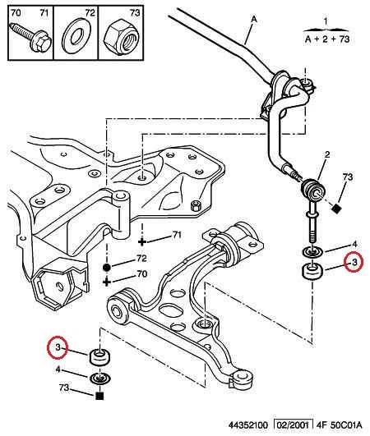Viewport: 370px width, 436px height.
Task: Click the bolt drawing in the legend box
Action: pyautogui.click(x=30, y=38)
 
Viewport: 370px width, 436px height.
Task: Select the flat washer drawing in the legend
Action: pyautogui.click(x=76, y=37)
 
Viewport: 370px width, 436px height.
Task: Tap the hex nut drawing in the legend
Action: pyautogui.click(x=122, y=38)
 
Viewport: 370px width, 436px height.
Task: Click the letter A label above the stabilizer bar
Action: pyautogui.click(x=253, y=19)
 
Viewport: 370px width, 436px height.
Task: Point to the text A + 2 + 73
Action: pyautogui.click(x=327, y=39)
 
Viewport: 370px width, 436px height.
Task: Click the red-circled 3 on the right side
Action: pyautogui.click(x=354, y=262)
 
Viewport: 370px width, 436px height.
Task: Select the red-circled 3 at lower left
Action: pyautogui.click(x=58, y=347)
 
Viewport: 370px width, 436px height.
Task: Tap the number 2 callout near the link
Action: pyautogui.click(x=327, y=154)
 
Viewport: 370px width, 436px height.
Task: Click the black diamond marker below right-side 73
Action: pyautogui.click(x=337, y=209)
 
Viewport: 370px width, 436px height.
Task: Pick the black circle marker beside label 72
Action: pyautogui.click(x=107, y=268)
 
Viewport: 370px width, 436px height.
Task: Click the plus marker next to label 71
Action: pyautogui.click(x=142, y=242)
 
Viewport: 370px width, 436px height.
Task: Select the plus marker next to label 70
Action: pyautogui.click(x=107, y=282)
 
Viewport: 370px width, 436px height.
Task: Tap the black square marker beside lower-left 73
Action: pyautogui.click(x=99, y=396)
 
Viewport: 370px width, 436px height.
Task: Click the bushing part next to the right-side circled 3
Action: pyautogui.click(x=312, y=271)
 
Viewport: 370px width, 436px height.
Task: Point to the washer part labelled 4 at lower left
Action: pyautogui.click(x=100, y=379)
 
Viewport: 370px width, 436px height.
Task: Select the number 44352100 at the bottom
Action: pyautogui.click(x=247, y=425)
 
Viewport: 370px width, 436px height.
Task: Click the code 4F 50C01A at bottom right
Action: pyautogui.click(x=339, y=425)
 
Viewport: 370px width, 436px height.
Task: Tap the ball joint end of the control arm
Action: pyautogui.click(x=243, y=377)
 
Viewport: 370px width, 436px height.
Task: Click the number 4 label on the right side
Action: pyautogui.click(x=354, y=244)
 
